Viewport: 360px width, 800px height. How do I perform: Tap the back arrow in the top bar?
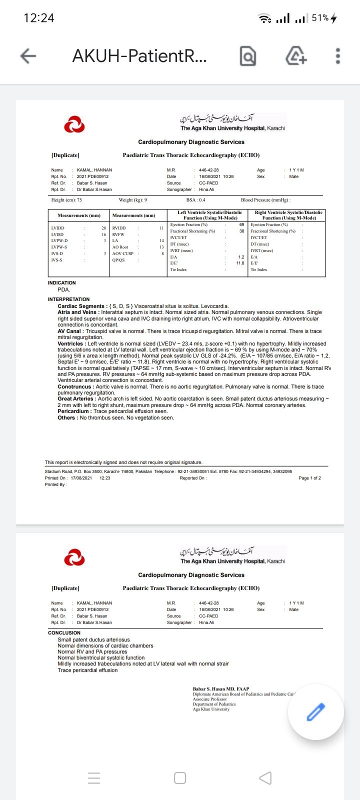(28, 56)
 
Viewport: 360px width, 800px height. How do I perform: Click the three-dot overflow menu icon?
(338, 56)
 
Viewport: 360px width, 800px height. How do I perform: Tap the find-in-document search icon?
(248, 56)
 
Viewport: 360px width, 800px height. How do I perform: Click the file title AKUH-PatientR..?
(139, 56)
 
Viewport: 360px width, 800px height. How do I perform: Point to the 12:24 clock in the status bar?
(39, 18)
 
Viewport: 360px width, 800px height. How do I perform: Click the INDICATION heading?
(62, 283)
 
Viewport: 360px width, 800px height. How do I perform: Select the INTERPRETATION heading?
(69, 299)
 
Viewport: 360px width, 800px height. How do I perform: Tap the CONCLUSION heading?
(64, 633)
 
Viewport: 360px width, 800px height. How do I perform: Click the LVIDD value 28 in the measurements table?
(103, 228)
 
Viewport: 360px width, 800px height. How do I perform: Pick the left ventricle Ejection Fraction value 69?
(241, 224)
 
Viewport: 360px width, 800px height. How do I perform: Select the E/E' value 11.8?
(240, 263)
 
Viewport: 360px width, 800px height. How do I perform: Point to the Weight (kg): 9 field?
(133, 200)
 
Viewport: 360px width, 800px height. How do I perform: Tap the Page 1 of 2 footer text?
(309, 478)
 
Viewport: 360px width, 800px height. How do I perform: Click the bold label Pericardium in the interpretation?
(74, 411)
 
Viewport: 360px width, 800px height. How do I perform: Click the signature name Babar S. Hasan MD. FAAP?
(221, 689)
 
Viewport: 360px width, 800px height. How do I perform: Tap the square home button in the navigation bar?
(180, 778)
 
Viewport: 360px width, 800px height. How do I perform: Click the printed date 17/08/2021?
(81, 478)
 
